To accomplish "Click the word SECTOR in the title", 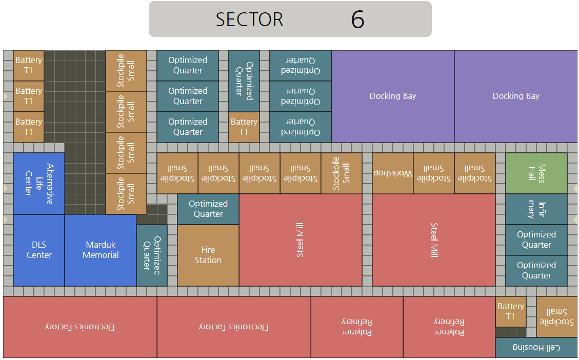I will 249,19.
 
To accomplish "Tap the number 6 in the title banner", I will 357,19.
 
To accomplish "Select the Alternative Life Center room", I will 39,183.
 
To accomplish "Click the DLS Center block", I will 39,250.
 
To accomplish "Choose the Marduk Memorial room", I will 101,250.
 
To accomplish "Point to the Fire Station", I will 208,255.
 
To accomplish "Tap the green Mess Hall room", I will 536,173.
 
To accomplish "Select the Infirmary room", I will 536,209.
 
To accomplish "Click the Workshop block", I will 393,173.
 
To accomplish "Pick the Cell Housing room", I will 536,348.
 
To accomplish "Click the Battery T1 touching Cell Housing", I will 511,311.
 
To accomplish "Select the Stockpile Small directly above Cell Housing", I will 557,316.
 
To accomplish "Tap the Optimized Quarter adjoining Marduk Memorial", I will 152,255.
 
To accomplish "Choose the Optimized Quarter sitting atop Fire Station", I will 208,209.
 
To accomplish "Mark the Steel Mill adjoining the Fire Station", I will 301,239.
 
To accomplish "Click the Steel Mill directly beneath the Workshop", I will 434,239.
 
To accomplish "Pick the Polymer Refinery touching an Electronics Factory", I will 357,327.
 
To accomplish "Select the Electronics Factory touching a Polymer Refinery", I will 234,327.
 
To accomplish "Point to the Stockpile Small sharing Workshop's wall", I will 434,173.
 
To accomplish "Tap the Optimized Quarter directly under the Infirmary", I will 536,239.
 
